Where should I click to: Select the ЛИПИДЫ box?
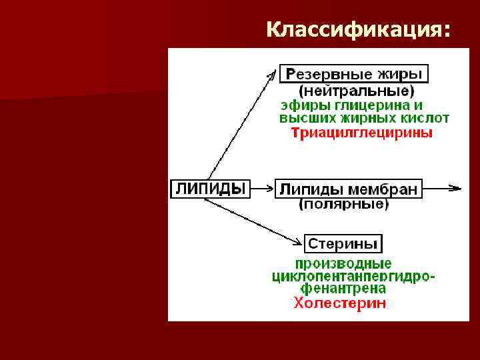tap(209, 189)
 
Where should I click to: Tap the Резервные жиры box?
tap(353, 73)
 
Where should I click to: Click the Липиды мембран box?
tap(348, 189)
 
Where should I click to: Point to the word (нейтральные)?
tap(355, 90)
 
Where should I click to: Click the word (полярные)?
tap(343, 205)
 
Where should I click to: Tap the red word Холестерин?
tap(339, 304)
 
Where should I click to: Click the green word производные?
tap(343, 263)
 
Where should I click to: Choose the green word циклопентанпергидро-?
tap(354, 276)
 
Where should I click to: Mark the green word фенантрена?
tap(343, 289)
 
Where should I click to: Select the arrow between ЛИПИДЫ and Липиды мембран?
tap(261, 189)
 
